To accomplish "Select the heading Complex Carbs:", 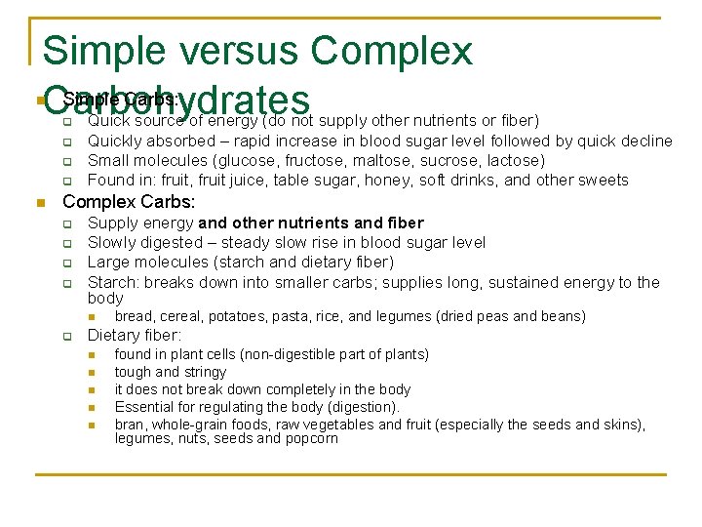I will click(x=129, y=202).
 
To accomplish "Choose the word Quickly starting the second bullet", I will click(x=115, y=141).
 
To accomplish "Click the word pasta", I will click(x=285, y=316).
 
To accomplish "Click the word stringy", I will click(x=205, y=372).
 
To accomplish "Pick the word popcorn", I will click(x=311, y=439).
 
